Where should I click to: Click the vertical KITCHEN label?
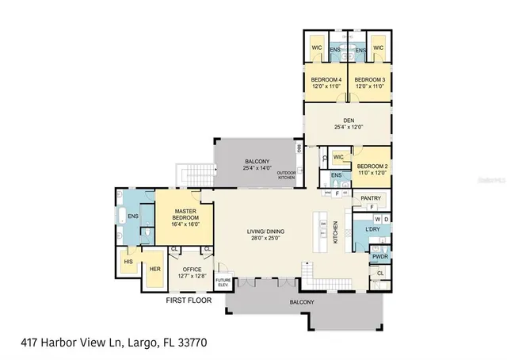click(336, 232)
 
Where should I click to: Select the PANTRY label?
click(371, 198)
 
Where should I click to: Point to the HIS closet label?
click(128, 261)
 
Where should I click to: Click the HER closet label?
click(155, 268)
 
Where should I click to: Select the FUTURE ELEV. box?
click(223, 281)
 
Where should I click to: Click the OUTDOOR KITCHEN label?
click(286, 175)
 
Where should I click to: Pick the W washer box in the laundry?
click(377, 219)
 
